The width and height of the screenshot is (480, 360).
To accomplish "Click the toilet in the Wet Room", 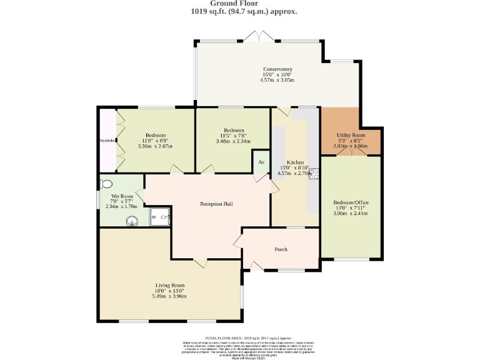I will tap(106, 184).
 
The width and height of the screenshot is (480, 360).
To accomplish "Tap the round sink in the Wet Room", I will tap(132, 220).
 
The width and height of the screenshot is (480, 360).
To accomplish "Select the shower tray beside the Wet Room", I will tap(160, 217).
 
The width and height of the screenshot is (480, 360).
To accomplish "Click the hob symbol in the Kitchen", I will tap(314, 174).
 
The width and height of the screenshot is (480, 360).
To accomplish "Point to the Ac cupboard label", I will tap(261, 162).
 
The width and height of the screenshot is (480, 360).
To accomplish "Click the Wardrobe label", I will tap(107, 141).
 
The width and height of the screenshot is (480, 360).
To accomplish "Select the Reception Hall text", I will tap(216, 204).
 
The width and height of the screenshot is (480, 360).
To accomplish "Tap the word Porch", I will tap(281, 249).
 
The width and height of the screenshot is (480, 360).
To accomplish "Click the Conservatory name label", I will tap(277, 69).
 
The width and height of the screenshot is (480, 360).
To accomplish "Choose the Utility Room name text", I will tap(350, 135).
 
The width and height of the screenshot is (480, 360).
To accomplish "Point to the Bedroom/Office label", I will tap(350, 203).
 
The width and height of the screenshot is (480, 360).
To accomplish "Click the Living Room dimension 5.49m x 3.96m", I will tap(169, 296).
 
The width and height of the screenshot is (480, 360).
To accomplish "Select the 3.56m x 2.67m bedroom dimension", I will tap(156, 146).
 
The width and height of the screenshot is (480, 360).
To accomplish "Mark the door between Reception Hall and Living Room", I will tap(200, 262).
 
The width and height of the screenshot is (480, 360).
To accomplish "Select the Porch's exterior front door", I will tap(257, 267).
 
